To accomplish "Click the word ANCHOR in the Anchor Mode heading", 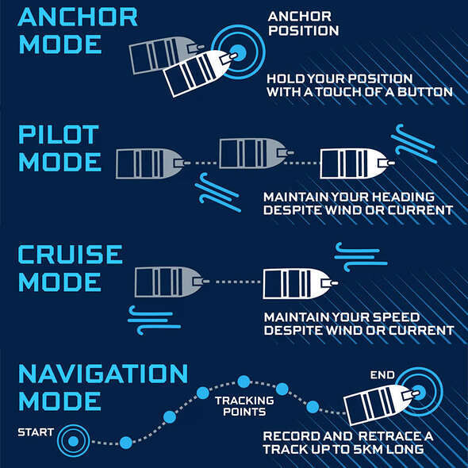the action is (x=78, y=17).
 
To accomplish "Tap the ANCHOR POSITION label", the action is (x=303, y=24).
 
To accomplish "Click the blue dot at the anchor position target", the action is (x=239, y=52).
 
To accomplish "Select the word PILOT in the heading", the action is (x=59, y=135).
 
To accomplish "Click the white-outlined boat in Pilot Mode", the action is (x=357, y=163).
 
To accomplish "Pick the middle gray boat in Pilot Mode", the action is (x=256, y=153).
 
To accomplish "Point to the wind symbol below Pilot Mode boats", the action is (x=218, y=192).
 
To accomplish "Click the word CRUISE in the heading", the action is (x=70, y=255).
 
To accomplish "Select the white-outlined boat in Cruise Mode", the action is (x=300, y=283).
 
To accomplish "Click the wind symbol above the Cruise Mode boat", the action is (x=361, y=256).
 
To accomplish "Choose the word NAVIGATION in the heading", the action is (x=103, y=374).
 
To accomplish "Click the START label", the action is (x=36, y=432).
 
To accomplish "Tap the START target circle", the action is (x=74, y=441).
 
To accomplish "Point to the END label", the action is (x=382, y=375).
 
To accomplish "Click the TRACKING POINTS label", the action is (x=244, y=406).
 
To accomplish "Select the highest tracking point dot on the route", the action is (x=244, y=382).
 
